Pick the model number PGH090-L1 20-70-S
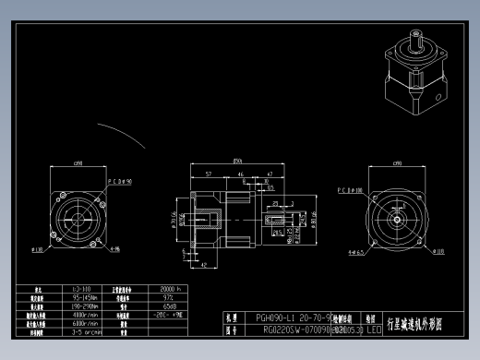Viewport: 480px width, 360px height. [x=290, y=317]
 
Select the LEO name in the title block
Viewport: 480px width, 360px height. [x=373, y=328]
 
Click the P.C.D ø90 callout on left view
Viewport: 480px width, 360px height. [x=119, y=183]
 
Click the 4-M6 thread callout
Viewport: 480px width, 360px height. [x=114, y=248]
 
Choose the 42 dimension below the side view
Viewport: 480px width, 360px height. [x=202, y=264]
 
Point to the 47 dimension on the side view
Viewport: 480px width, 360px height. [x=269, y=173]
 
